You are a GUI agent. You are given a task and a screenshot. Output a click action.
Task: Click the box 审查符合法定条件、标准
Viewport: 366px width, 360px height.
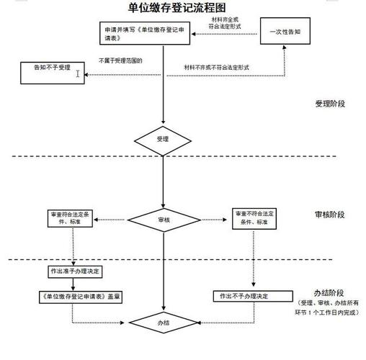click(x=72, y=217)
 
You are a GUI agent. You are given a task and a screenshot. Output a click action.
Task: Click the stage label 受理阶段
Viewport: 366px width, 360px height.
click(x=330, y=104)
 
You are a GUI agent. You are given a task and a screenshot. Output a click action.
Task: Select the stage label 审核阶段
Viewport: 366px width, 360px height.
click(x=330, y=215)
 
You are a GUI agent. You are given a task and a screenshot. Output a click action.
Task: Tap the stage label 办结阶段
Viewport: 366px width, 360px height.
click(x=329, y=293)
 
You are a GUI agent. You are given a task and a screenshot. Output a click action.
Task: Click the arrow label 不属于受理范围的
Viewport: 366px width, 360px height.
click(x=120, y=60)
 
